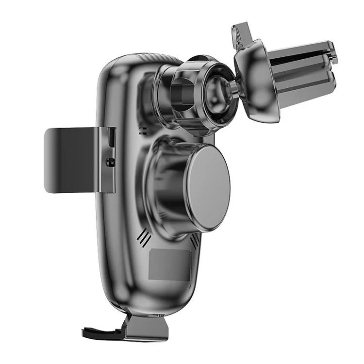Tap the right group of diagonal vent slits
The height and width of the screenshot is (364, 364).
pos(195,240)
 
